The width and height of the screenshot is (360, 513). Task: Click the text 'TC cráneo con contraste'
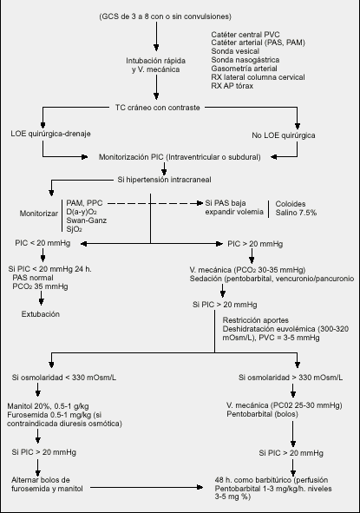(157, 108)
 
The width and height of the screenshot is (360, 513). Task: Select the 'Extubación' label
(41, 314)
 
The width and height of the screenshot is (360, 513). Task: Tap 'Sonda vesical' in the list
(235, 51)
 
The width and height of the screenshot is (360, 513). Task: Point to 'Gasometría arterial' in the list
(244, 69)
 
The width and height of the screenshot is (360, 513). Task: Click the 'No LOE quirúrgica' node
(284, 135)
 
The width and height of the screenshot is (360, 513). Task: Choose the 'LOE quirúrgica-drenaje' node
(50, 134)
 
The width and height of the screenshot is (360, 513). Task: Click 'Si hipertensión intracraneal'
(164, 180)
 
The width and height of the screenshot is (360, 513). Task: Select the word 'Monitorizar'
(38, 214)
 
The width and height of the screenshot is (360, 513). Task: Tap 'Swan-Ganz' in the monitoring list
(87, 220)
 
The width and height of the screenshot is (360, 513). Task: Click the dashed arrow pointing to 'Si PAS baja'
(155, 203)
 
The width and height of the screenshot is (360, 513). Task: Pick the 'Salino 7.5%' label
(296, 213)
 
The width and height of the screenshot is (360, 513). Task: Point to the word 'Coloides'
(291, 204)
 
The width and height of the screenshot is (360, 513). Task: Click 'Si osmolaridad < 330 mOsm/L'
(64, 378)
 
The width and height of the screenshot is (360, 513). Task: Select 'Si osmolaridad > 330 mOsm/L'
(291, 378)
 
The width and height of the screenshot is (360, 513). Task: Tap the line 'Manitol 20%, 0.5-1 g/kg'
(48, 406)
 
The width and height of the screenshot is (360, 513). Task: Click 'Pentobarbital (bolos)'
(262, 414)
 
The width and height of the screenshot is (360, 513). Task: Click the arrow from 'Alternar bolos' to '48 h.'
(147, 488)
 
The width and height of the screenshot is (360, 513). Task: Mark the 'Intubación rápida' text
(155, 61)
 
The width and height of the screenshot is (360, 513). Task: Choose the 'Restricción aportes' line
(256, 320)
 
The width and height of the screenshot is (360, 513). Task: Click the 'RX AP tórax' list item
(232, 86)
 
